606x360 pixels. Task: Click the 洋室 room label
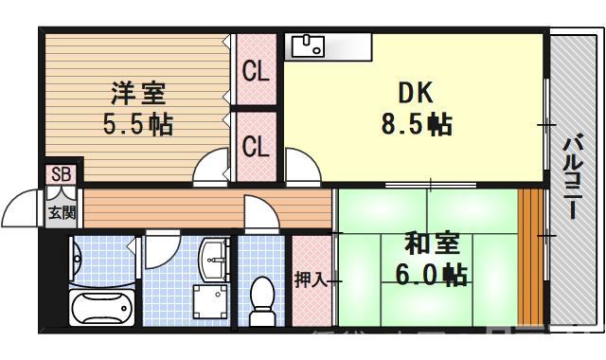tap(138, 94)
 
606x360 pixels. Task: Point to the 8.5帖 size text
tap(414, 123)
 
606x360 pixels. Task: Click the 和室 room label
tap(432, 243)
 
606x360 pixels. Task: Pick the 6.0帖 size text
tap(432, 275)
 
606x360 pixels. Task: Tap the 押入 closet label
tap(310, 279)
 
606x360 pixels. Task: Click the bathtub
tap(101, 307)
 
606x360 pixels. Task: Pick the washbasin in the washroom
tap(215, 253)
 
